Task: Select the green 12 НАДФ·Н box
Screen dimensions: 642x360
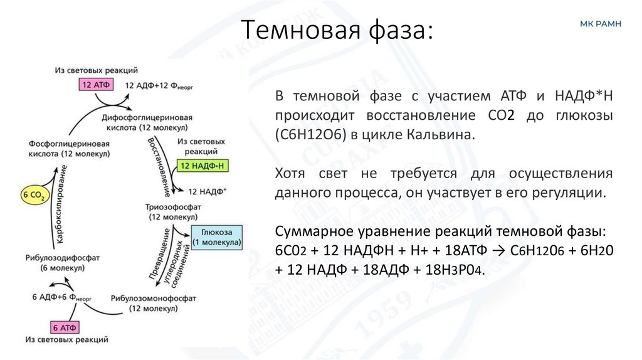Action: [202, 166]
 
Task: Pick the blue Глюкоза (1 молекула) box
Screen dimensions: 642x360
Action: [216, 236]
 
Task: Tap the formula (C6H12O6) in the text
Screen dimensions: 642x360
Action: [307, 134]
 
